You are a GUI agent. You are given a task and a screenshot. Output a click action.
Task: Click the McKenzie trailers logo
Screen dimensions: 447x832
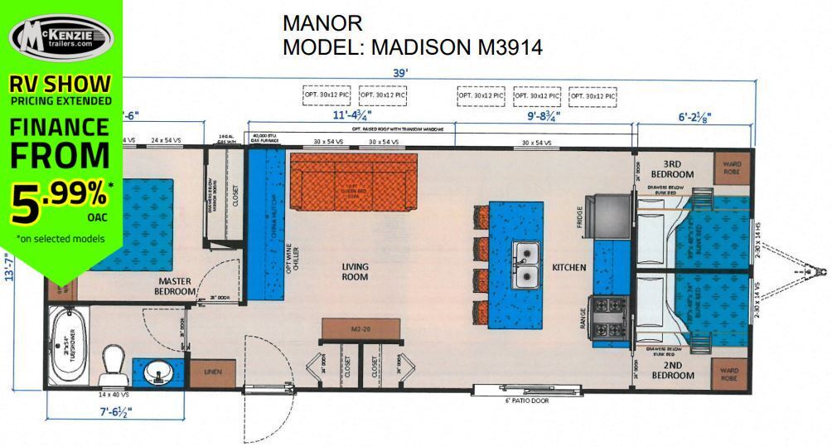click(x=61, y=37)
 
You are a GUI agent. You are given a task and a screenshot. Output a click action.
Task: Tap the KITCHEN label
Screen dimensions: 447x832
click(x=569, y=268)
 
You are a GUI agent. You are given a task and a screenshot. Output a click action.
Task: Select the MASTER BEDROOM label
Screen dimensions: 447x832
click(x=175, y=286)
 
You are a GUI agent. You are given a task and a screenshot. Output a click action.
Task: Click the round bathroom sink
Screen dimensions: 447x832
click(x=157, y=373)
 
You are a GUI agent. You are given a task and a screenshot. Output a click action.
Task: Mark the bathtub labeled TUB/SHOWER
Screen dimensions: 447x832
click(x=67, y=347)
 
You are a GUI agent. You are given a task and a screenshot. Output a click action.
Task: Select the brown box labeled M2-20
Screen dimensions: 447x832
click(x=360, y=329)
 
